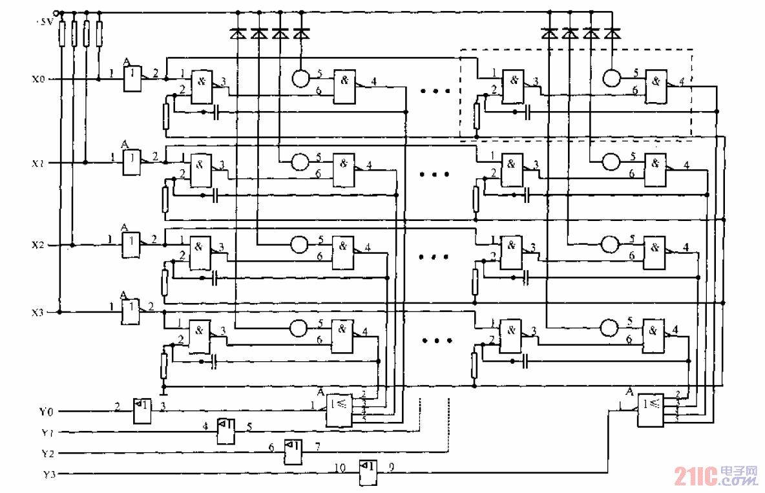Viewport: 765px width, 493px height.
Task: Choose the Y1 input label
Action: pyautogui.click(x=47, y=432)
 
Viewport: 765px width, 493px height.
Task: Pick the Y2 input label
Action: pyautogui.click(x=47, y=453)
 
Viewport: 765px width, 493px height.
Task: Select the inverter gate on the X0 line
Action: pyautogui.click(x=132, y=79)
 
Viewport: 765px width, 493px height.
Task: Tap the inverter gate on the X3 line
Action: pyautogui.click(x=131, y=312)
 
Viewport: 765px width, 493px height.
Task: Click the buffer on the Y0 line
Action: pyautogui.click(x=141, y=410)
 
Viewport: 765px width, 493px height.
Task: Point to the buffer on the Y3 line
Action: pyautogui.click(x=368, y=474)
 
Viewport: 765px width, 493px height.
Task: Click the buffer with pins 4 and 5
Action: pyautogui.click(x=225, y=431)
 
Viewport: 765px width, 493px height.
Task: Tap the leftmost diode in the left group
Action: pyautogui.click(x=238, y=33)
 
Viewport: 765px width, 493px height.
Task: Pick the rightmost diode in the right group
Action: pyautogui.click(x=611, y=33)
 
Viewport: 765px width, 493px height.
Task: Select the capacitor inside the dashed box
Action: pyautogui.click(x=528, y=112)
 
